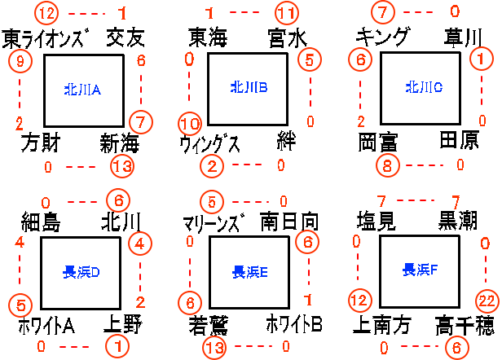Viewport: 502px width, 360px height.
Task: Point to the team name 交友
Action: (125, 37)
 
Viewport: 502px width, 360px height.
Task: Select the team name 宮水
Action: (287, 37)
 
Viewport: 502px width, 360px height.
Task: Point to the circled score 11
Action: (286, 13)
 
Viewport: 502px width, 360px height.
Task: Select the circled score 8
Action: (389, 165)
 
